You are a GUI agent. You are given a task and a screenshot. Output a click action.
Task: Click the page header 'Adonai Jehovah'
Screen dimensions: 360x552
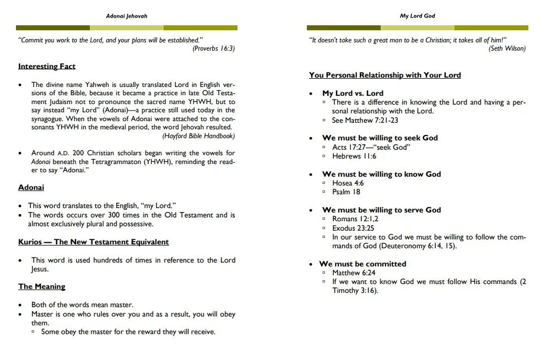(126, 16)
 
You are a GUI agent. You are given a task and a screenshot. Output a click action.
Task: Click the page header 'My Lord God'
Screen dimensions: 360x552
(417, 16)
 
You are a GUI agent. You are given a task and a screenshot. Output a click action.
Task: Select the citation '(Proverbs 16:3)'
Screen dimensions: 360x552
(214, 48)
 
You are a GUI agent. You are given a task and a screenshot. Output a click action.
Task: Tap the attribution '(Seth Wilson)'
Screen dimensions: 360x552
(507, 48)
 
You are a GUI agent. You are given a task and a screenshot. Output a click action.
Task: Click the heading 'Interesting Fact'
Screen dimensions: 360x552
(47, 67)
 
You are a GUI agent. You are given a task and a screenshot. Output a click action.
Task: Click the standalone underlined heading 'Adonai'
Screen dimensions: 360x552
(31, 188)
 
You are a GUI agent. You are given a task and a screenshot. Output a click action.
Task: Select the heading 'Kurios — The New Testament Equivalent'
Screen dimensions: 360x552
(94, 242)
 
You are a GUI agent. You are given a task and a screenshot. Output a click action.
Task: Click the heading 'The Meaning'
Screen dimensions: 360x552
(42, 287)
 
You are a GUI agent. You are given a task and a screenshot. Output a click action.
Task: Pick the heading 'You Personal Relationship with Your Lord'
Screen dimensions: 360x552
(385, 75)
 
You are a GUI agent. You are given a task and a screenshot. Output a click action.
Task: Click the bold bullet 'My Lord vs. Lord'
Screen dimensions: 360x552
(353, 94)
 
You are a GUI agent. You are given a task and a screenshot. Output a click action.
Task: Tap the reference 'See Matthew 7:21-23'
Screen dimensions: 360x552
(365, 120)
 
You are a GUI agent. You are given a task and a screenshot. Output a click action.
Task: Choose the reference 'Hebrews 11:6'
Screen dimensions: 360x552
(354, 156)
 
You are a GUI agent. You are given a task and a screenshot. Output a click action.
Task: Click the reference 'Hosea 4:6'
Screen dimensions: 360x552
(348, 183)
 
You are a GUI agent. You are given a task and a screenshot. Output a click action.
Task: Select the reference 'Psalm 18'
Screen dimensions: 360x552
(346, 192)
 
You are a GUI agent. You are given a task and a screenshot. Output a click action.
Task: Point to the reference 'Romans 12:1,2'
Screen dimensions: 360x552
(355, 219)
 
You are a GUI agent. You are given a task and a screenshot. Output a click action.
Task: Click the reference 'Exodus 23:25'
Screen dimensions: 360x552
(353, 228)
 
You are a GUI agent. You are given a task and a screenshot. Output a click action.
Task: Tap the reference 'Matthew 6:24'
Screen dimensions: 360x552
(354, 273)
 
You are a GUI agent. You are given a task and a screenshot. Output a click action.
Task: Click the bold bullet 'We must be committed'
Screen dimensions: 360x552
(362, 264)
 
